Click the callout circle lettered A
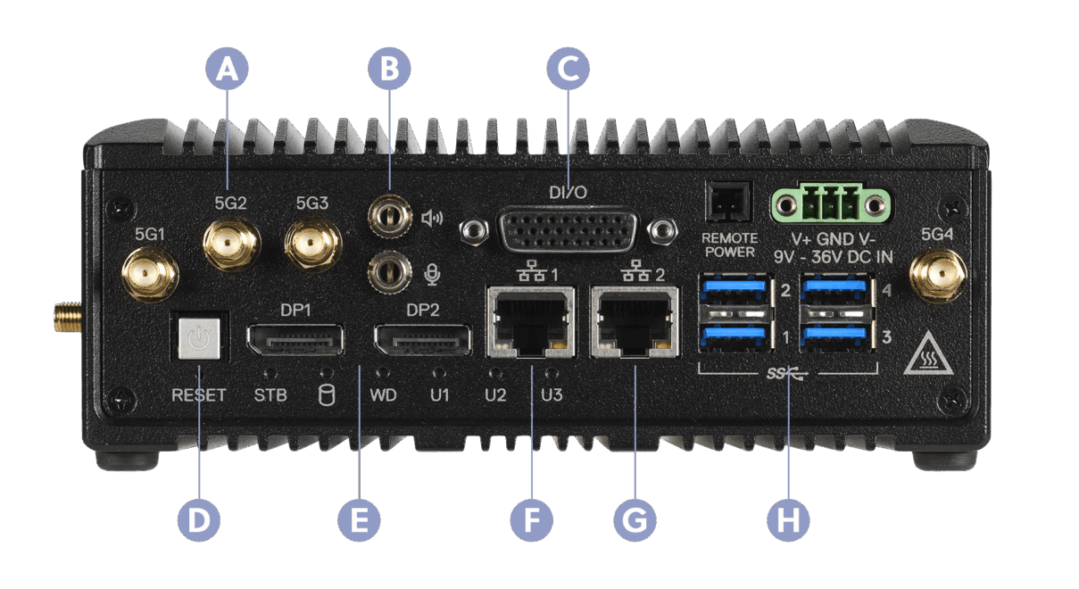(x=228, y=68)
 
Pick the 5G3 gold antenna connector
(x=311, y=244)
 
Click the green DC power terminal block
(x=830, y=205)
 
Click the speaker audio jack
(x=389, y=217)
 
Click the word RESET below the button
(x=198, y=394)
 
